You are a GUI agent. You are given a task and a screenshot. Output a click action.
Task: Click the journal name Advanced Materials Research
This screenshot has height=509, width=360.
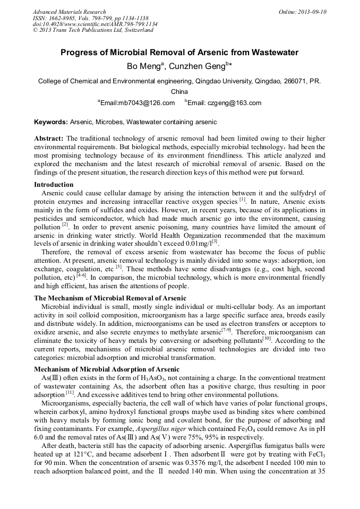(x=69, y=12)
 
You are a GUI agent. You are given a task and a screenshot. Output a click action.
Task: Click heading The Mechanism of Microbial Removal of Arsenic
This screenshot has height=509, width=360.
(x=110, y=298)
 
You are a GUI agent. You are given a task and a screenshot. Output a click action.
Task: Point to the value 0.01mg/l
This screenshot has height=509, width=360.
(x=195, y=244)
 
